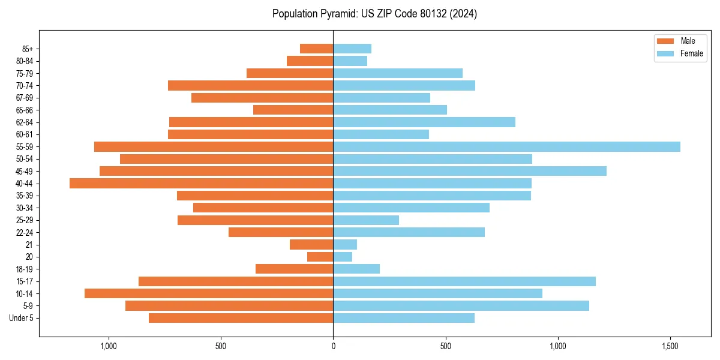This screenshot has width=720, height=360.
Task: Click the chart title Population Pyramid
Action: pos(374,14)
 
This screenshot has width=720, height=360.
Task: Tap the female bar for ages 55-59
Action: pos(506,147)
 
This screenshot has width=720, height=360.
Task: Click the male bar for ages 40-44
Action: pos(201,184)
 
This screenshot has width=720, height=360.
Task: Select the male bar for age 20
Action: pos(320,257)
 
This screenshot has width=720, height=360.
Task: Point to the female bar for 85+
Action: pos(352,49)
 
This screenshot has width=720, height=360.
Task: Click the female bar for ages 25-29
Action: pos(366,220)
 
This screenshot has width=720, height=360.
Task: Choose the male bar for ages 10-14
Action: pos(209,293)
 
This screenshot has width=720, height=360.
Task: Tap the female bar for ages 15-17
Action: pos(464,281)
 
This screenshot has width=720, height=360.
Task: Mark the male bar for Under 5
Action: pos(241,318)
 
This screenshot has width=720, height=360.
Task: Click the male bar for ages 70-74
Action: pos(250,86)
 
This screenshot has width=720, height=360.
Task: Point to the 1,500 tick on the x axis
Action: pos(670,347)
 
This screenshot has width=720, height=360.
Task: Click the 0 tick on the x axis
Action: pos(333,347)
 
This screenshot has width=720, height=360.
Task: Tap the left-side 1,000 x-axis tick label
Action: pos(109,347)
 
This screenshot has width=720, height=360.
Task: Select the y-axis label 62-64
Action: pos(25,122)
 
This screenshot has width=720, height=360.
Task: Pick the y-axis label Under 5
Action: pos(22,318)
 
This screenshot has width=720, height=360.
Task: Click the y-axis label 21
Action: pos(29,245)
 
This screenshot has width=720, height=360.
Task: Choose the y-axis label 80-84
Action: pos(25,61)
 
